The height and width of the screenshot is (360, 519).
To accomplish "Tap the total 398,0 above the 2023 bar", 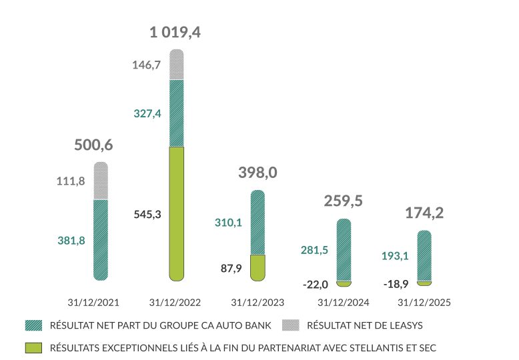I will tap(257, 173).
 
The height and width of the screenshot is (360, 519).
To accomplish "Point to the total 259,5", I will tap(343, 201).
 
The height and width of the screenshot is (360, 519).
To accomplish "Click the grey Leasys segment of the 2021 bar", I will tap(101, 181).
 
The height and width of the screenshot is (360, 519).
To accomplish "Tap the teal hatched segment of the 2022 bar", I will tap(176, 113).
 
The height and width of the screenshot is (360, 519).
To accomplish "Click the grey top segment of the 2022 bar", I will tap(176, 65).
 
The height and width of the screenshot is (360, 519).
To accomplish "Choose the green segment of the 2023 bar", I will tap(257, 267).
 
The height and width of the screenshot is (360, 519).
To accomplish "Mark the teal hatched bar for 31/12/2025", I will tap(424, 256).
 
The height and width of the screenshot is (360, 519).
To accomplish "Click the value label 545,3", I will tap(147, 215).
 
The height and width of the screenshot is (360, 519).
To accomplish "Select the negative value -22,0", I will tap(315, 285).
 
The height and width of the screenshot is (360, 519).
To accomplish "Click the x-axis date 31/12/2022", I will tap(174, 302).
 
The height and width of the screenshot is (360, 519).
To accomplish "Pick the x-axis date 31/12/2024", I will tap(343, 302).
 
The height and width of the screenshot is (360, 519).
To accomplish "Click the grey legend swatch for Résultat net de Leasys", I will tap(291, 325).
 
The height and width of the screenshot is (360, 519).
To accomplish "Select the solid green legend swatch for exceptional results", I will tap(33, 347).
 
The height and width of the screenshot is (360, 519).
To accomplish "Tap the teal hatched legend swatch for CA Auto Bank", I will tap(33, 325).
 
